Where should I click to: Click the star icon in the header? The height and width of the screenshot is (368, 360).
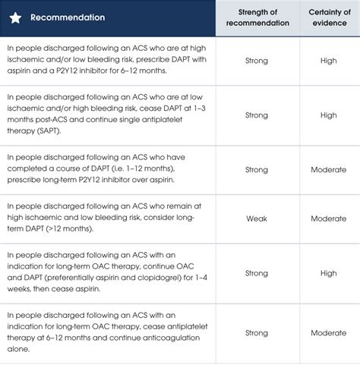[x=15, y=17]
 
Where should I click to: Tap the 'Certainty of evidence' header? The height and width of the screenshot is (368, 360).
[x=329, y=17]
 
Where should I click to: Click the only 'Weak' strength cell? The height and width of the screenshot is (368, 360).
[x=257, y=219]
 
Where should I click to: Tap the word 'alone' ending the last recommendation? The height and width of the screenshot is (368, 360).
[x=19, y=350]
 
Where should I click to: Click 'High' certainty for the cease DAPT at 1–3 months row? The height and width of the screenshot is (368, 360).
[x=329, y=115]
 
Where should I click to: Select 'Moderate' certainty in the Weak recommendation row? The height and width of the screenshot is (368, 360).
[x=329, y=219]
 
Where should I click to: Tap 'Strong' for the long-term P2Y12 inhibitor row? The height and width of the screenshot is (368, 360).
[x=257, y=169]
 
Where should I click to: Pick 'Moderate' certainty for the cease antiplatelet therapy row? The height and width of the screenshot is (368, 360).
[x=329, y=333]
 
